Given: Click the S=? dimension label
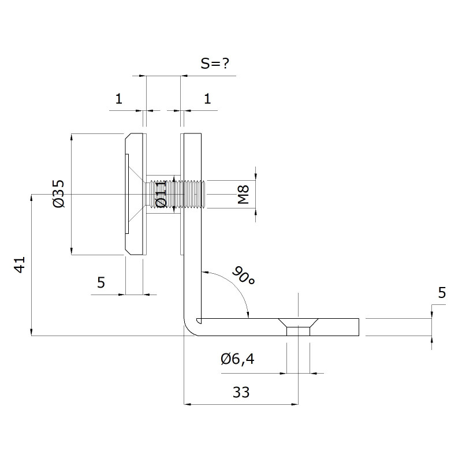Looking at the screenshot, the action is pos(215,64).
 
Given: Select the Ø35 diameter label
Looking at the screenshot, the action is pos(59,193).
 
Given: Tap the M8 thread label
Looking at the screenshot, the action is pos(244,195).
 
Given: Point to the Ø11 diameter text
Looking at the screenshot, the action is pos(161,194).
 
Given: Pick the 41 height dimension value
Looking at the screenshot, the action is pos(20,265).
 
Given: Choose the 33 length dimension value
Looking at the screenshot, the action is pos(241,392).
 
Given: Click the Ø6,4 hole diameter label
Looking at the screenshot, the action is pos(237,359).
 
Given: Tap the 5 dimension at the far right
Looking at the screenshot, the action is pos(442,293).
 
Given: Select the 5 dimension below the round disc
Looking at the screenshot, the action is pos(101,282).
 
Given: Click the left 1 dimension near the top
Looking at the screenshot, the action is pos(119,99).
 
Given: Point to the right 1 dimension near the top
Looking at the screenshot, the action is pos(207,99).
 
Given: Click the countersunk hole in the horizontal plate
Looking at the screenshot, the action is pos(298,327).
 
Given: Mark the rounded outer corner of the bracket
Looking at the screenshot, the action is pos(188,330).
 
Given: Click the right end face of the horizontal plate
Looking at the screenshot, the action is pos(359,327).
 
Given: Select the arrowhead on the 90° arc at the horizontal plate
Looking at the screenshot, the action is pos(248,315).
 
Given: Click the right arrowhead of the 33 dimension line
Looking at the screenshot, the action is pos(295,404).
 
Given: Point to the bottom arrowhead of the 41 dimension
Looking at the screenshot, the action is pos(31,332).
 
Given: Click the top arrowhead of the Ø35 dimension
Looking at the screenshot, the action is pos(72,137).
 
